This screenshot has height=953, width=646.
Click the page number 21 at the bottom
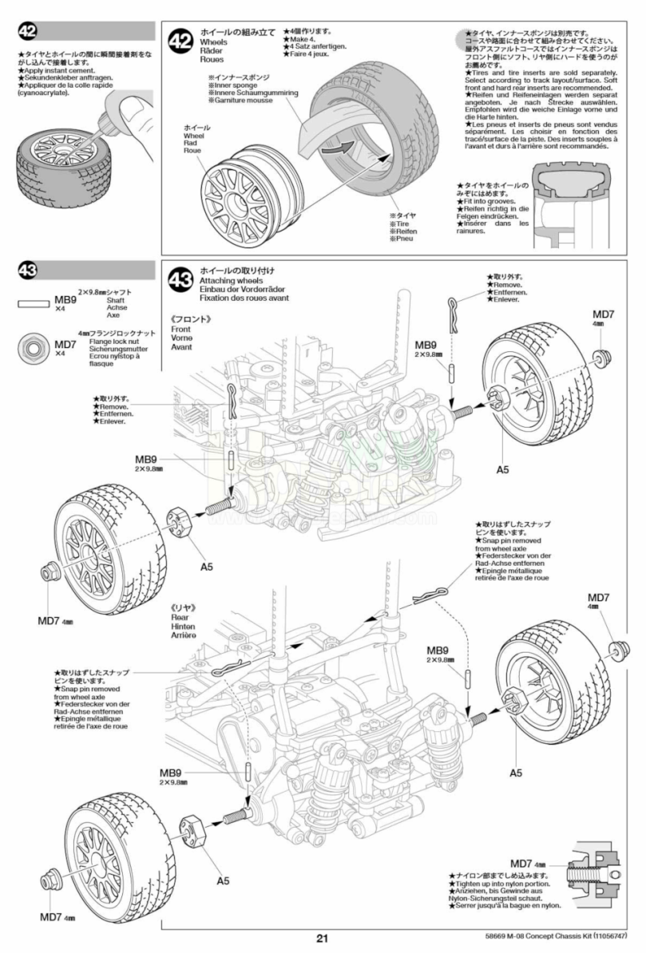[322, 939]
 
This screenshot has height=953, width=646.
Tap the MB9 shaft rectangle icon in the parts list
[33, 304]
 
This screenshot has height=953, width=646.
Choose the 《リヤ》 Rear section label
[184, 607]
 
